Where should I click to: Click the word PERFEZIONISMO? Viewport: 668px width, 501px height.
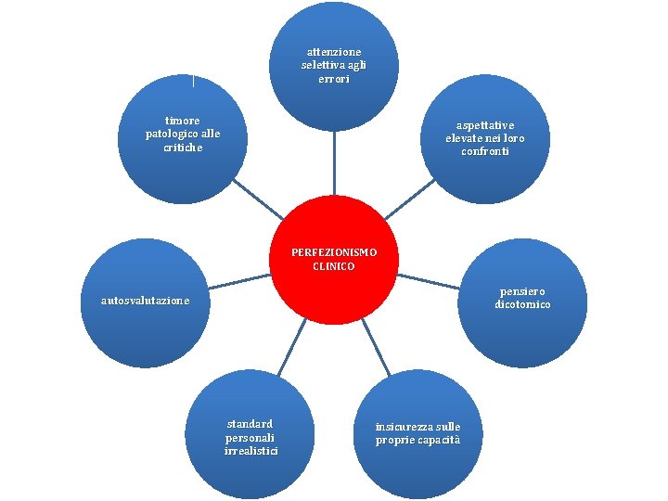(334, 252)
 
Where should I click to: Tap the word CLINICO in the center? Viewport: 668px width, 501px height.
(334, 266)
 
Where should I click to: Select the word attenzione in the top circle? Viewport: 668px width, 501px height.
(334, 52)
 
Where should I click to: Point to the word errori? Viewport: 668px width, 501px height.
(334, 80)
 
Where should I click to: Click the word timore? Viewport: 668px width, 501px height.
(183, 121)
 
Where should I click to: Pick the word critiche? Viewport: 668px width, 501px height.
(183, 148)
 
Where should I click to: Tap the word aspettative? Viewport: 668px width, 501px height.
(484, 125)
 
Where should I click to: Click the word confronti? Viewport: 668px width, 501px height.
(484, 151)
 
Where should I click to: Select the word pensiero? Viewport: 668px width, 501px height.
(521, 291)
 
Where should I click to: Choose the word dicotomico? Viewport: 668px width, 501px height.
(522, 304)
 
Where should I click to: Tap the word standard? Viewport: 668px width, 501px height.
(250, 423)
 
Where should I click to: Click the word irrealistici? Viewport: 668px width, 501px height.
(250, 451)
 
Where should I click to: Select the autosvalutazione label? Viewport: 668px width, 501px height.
(146, 301)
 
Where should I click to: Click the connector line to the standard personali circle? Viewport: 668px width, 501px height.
(289, 345)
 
